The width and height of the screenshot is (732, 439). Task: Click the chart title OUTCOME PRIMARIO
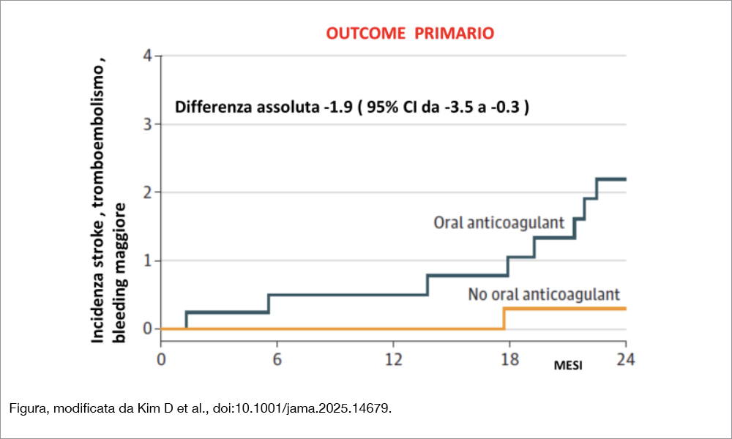point(409,33)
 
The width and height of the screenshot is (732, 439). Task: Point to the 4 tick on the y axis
point(148,56)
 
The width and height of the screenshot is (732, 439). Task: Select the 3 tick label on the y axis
point(148,124)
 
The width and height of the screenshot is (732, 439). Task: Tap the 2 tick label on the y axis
point(148,192)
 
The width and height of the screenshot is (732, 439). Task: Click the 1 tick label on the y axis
point(148,261)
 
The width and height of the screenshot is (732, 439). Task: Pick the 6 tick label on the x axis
point(277,359)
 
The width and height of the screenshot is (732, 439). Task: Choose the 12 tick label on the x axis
point(393,359)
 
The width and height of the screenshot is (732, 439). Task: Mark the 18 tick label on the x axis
point(509,359)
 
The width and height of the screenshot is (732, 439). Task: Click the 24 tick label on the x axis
point(625,359)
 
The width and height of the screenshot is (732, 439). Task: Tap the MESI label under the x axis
point(568,366)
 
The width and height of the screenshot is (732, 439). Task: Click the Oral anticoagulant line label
point(499,222)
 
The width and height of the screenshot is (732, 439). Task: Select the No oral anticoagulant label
point(544,295)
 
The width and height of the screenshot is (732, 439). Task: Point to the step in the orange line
point(504,318)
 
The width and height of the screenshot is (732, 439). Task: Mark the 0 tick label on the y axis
point(148,329)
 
